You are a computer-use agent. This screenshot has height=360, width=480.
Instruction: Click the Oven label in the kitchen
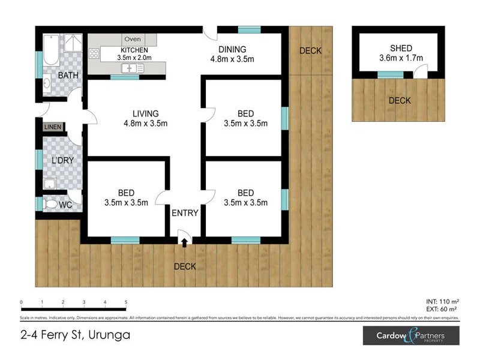point(132,40)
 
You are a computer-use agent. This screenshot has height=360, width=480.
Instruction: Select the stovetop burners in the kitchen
point(94,53)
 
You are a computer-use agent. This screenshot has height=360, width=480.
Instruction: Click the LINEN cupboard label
point(52,127)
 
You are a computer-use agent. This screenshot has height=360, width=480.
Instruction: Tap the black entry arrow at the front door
point(184,242)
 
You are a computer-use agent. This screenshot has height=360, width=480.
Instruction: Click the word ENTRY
point(185,213)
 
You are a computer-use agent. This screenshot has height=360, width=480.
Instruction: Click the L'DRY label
point(62,161)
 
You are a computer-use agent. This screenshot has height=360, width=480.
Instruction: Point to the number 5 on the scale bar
point(126,302)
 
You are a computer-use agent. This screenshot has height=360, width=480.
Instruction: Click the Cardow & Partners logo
point(411,335)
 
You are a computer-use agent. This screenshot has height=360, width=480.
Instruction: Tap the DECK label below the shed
point(400,101)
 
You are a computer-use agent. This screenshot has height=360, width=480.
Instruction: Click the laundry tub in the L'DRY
point(50,184)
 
